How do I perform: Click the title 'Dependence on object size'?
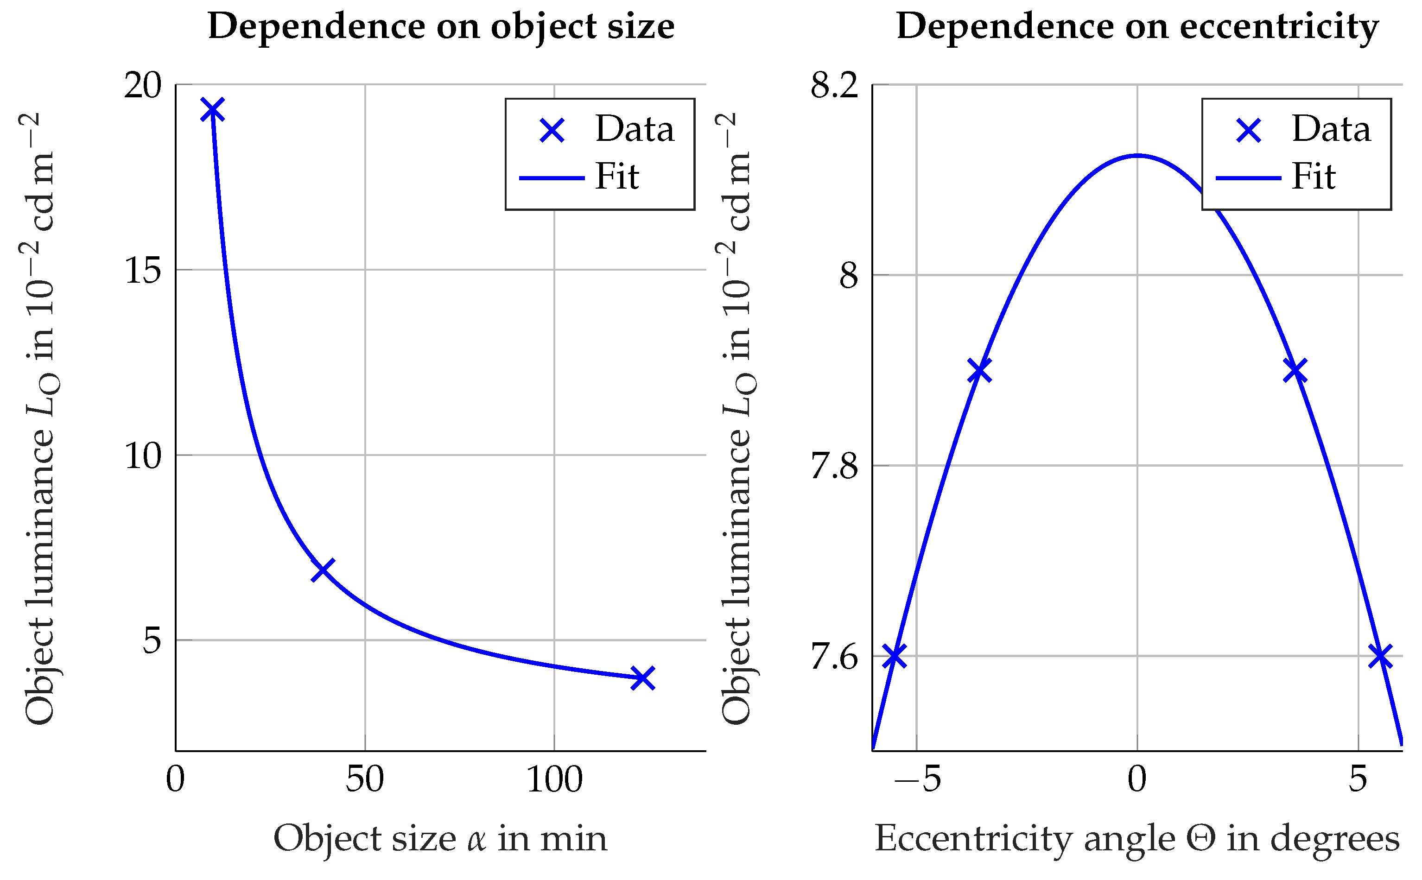pos(441,27)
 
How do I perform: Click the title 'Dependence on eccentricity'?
pos(1137,27)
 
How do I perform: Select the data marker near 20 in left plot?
pos(212,109)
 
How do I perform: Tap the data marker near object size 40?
pos(323,570)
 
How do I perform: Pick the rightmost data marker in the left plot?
pos(642,678)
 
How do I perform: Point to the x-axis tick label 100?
pos(554,780)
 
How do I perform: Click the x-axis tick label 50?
pos(364,780)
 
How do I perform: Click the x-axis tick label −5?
pos(917,780)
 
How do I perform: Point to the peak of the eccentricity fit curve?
pos(1137,155)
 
